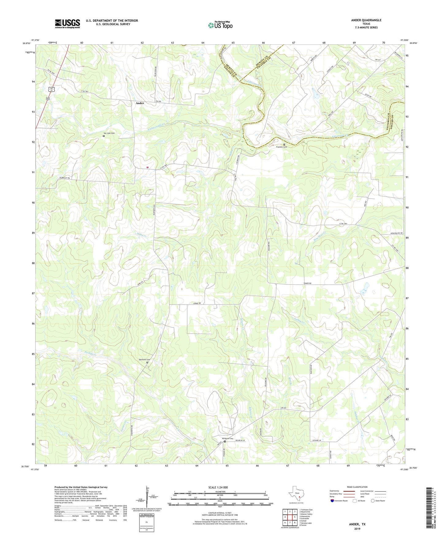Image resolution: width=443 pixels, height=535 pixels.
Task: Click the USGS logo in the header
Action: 67,24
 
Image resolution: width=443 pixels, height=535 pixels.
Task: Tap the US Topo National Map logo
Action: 220,25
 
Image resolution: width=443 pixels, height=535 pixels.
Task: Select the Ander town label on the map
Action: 140,103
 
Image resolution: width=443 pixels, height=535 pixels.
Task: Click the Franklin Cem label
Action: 281,147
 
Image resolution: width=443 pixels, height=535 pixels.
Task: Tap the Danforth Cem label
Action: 146,359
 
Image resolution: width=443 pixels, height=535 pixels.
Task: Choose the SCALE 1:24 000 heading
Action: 218,487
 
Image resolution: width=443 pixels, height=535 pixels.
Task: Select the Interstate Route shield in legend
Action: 333,501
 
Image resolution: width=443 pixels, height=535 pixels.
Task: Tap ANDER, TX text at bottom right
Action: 357,524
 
